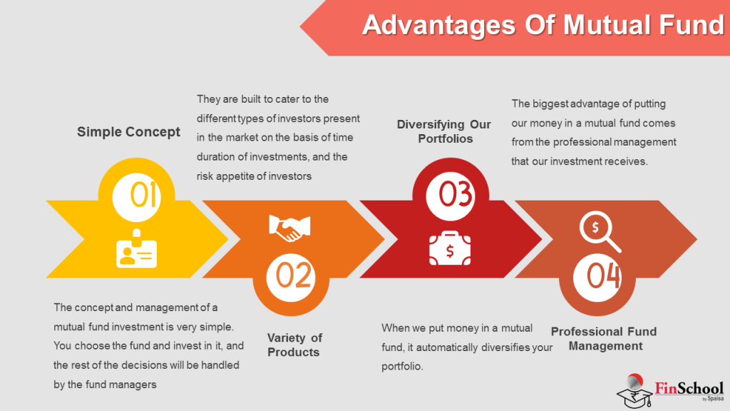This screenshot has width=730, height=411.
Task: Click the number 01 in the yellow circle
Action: point(143,195)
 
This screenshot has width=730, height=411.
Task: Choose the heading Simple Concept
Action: point(128,132)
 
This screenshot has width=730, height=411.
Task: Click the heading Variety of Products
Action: point(294,345)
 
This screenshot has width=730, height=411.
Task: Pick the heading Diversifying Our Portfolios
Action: point(445,131)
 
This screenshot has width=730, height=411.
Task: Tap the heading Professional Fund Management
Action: point(603,339)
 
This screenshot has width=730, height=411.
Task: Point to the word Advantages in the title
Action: point(438,26)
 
